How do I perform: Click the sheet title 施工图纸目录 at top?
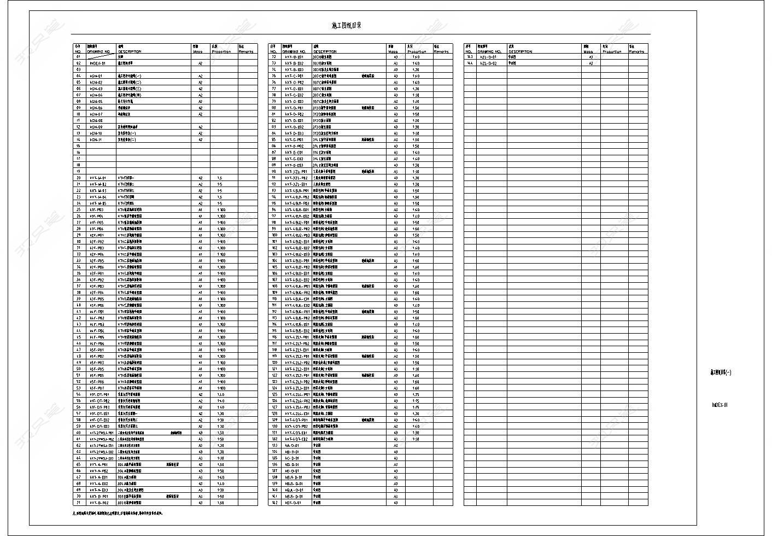[347, 26]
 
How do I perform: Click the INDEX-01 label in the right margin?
[720, 405]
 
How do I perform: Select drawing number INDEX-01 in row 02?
[97, 63]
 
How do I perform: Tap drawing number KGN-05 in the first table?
[96, 101]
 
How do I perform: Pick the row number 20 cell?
[78, 178]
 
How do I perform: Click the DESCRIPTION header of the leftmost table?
[130, 51]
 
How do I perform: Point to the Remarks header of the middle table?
[441, 51]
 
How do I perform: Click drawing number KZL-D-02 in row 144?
[488, 63]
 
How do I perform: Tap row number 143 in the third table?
[469, 57]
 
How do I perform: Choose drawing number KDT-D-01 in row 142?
[293, 503]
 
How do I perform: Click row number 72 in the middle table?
[274, 57]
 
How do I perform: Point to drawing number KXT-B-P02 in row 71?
[99, 503]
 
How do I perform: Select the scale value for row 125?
[416, 394]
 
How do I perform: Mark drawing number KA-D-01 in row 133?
[291, 445]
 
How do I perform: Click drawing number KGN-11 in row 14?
[96, 139]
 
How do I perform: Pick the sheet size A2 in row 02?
[200, 63]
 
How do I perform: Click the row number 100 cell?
[274, 235]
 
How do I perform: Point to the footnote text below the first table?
[118, 514]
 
